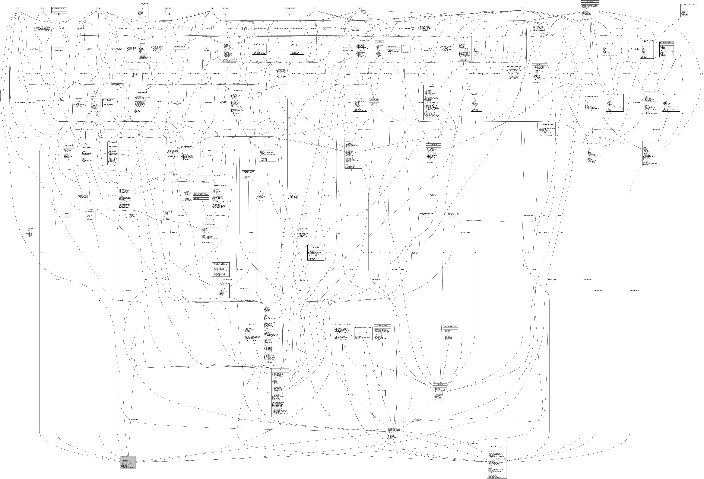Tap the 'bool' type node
pos(18,8)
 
